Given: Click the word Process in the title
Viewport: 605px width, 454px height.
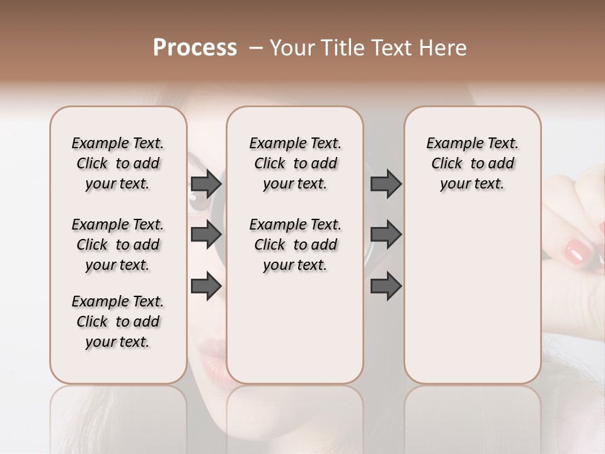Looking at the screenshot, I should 195,48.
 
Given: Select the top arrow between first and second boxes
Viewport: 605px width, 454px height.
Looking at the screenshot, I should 206,184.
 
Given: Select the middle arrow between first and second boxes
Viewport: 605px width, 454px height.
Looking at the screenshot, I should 206,235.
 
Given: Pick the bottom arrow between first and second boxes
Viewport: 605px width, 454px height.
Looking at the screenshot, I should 206,286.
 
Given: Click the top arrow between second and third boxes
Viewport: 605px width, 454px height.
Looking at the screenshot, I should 386,184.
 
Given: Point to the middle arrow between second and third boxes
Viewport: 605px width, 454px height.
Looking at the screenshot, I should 386,235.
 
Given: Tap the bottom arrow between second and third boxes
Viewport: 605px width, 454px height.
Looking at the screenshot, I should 386,286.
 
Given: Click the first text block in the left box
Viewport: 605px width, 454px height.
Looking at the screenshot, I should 118,163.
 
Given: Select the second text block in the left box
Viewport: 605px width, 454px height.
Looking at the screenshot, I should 118,245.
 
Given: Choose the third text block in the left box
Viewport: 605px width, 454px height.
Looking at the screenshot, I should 118,322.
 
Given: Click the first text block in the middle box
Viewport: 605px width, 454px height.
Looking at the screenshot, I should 295,163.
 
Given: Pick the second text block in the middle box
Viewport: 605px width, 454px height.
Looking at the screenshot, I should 295,245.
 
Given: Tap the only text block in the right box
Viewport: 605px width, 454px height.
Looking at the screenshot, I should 472,163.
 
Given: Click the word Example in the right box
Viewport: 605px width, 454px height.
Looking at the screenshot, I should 449,144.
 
